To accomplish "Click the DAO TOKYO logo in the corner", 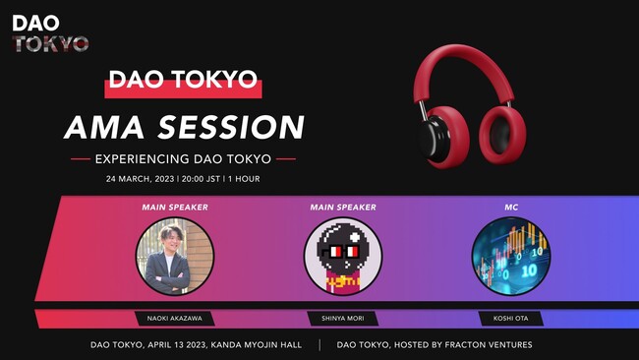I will (x=50, y=32).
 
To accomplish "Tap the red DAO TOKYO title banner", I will (x=183, y=81).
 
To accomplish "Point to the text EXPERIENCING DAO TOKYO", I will (x=183, y=158).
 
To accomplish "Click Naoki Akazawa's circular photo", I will (x=175, y=256).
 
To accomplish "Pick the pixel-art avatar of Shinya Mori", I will (x=343, y=256).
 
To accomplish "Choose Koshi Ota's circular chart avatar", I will (x=510, y=256).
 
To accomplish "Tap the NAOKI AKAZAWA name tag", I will (x=175, y=319).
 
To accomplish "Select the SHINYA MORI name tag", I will (x=343, y=319).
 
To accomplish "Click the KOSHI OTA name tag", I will (x=510, y=319).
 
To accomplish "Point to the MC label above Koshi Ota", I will (x=510, y=208).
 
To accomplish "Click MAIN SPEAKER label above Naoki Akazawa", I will (x=175, y=208).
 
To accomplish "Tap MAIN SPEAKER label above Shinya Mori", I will (x=343, y=208).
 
